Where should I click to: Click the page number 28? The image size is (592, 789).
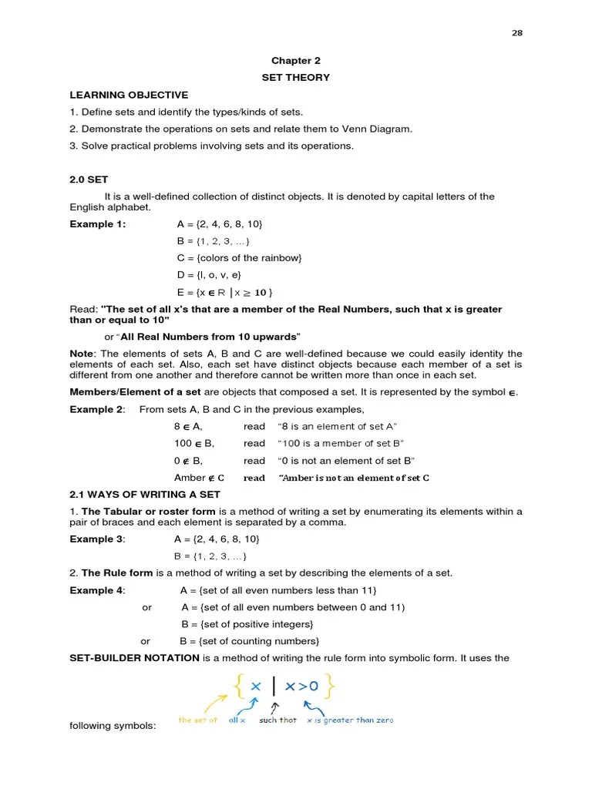(x=517, y=33)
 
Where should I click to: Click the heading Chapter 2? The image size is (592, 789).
(x=295, y=60)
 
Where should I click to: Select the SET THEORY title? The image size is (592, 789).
(x=295, y=77)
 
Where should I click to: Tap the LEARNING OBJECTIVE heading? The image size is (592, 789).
(x=129, y=95)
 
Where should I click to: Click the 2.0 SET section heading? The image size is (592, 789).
(x=89, y=180)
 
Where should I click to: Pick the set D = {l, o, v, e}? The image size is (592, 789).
(x=209, y=275)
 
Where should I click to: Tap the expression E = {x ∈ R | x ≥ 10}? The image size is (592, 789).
(x=224, y=292)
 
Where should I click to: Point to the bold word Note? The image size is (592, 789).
(x=81, y=354)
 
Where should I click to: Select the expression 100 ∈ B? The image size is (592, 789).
(x=193, y=443)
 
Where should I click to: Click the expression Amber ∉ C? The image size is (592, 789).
(x=199, y=478)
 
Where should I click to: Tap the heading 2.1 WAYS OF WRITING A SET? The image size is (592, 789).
(x=145, y=495)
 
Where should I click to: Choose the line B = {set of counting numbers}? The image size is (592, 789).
(x=249, y=641)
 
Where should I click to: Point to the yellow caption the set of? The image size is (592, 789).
(x=198, y=720)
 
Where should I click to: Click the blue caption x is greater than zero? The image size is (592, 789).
(x=349, y=720)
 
